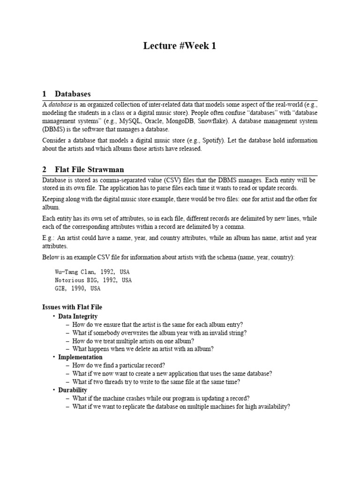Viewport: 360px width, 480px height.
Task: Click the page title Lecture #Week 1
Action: pos(180,46)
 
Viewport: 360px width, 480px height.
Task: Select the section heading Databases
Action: pos(72,94)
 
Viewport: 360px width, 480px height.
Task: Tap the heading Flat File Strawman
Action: pos(89,169)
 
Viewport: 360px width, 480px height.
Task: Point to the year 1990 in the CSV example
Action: pos(81,288)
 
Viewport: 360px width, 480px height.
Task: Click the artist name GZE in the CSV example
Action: pos(61,288)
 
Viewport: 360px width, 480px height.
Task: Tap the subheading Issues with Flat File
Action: pos(72,307)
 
